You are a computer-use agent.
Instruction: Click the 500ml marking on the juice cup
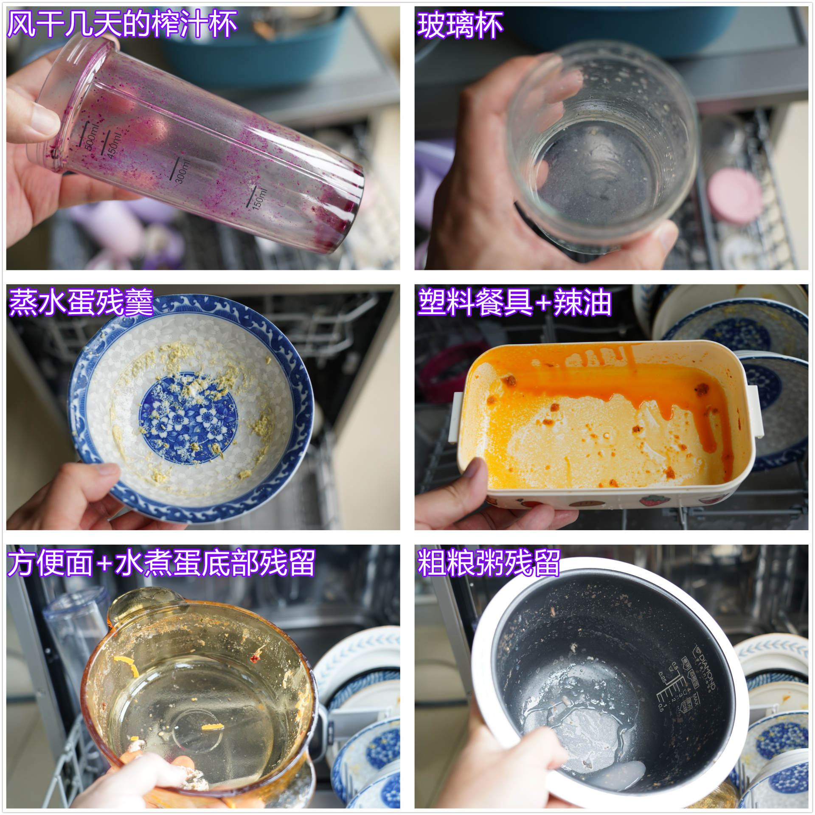[x=91, y=138]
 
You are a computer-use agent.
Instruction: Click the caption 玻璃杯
[x=460, y=25]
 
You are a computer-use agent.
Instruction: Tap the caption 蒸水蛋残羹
[x=81, y=302]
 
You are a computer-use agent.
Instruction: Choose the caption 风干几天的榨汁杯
[x=122, y=24]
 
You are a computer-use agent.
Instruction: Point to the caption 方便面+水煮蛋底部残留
[x=161, y=563]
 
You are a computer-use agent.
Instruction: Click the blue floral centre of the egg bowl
[x=188, y=418]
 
